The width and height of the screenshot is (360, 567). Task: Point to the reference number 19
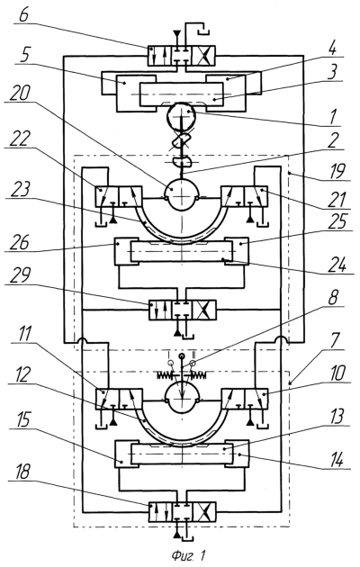click(337, 171)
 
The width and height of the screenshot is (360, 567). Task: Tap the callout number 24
click(337, 265)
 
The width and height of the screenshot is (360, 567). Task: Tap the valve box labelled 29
click(183, 310)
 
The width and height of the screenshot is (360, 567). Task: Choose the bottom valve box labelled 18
click(183, 512)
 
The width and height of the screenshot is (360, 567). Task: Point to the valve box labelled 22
click(119, 197)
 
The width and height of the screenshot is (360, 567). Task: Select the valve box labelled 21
click(245, 197)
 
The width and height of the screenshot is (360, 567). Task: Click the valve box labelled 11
click(119, 400)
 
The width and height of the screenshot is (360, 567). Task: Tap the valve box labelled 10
click(245, 400)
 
